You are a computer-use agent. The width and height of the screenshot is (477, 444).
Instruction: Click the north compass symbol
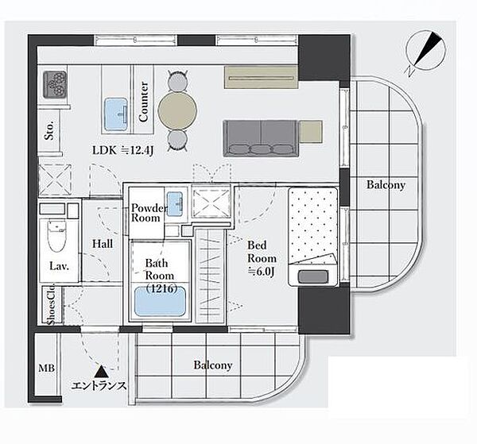coord(426,52)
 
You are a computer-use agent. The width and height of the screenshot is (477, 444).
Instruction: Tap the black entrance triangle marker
coord(101,372)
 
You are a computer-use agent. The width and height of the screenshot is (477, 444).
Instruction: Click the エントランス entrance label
coord(99,386)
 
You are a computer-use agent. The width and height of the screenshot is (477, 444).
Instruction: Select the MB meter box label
coord(47,369)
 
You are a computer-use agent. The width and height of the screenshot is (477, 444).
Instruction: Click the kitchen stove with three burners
coord(55,84)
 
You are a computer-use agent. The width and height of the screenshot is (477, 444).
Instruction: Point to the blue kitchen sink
coord(116,114)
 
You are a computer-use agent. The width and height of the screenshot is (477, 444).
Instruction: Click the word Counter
coord(143,102)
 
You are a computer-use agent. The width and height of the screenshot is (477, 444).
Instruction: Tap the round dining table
coord(177,110)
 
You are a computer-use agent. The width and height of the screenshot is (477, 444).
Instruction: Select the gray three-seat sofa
coord(261,138)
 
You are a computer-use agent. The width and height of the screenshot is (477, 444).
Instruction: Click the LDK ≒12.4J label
coord(123,150)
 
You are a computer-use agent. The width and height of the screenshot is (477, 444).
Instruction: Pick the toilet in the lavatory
coord(57,235)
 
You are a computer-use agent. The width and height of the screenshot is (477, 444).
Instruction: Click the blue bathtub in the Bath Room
coord(160,301)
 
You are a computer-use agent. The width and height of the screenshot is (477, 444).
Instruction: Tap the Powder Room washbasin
coord(175,204)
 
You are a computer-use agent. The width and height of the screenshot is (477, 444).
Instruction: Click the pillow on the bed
coord(313,276)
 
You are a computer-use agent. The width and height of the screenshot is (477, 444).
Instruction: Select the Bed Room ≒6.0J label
coord(262,259)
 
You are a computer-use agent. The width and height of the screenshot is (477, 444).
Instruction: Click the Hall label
coord(103,244)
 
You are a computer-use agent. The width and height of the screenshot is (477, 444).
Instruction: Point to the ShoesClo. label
coord(51,304)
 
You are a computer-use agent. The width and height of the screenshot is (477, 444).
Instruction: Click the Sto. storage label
coord(49,130)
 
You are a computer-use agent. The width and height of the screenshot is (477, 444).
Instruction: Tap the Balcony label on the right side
coord(386,185)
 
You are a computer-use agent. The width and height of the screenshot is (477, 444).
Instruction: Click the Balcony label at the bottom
coord(213,365)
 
